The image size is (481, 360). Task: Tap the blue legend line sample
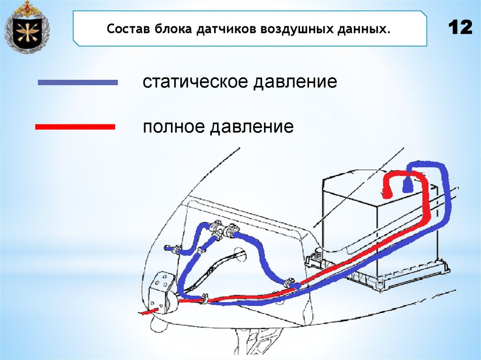78,83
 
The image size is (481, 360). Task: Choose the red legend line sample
75,127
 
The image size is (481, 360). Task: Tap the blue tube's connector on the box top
407,188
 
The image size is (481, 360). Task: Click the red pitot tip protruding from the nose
149,311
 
